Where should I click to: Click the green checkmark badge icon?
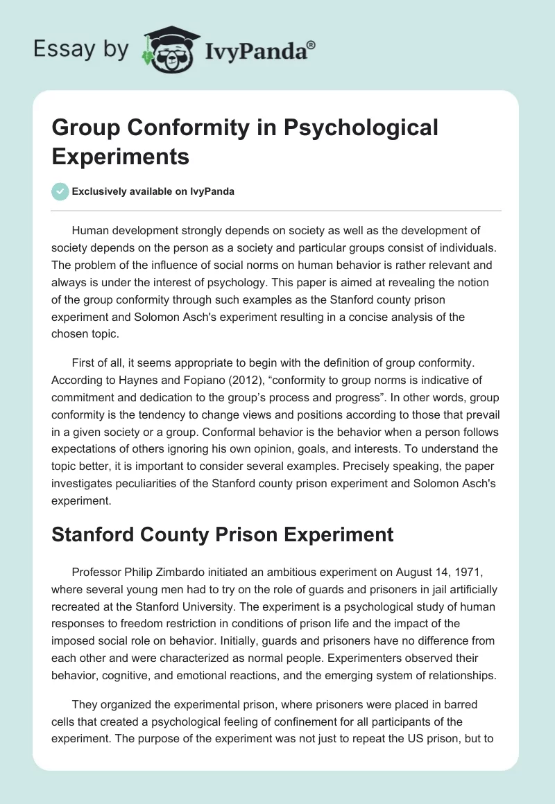pyautogui.click(x=60, y=191)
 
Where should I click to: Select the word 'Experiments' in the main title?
pyautogui.click(x=121, y=156)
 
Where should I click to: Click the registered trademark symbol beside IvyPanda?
pyautogui.click(x=311, y=43)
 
